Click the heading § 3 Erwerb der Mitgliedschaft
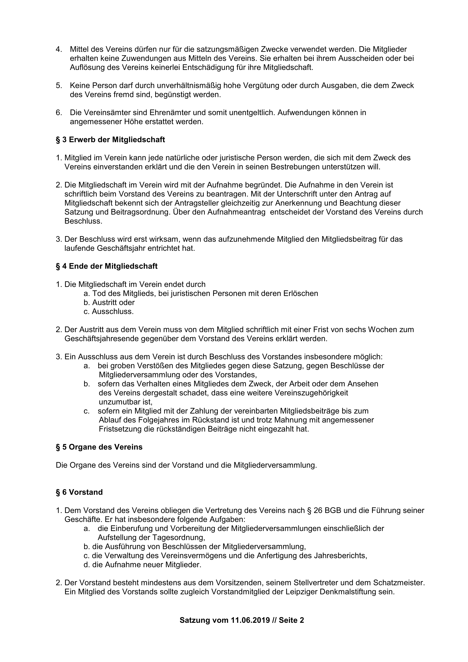(110, 140)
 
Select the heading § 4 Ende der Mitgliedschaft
(107, 266)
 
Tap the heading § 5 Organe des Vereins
(99, 447)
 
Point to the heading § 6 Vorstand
(79, 492)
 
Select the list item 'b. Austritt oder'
(109, 303)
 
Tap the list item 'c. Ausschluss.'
(109, 311)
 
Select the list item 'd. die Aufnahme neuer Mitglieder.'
(143, 565)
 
